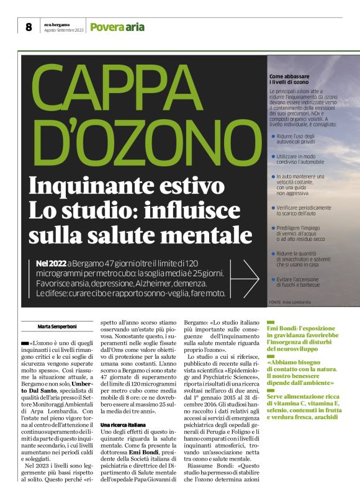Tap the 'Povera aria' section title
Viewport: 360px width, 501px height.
117,27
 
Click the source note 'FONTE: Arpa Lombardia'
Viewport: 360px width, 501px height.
290,302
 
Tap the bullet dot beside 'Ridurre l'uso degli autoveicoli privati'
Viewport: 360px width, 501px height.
274,134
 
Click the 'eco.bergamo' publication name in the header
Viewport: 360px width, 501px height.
56,24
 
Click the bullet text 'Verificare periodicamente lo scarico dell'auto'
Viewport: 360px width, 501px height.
304,210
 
